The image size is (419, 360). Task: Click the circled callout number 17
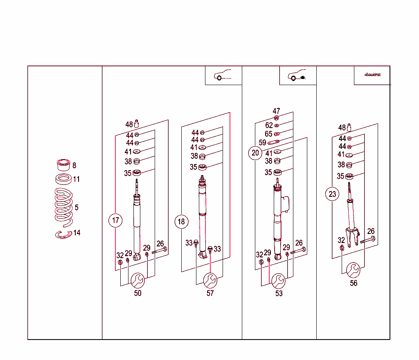[116, 221]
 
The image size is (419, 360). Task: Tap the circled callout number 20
[255, 153]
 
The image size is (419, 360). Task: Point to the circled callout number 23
[332, 194]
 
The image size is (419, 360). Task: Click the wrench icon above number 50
[137, 281]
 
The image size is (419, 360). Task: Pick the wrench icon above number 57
[210, 281]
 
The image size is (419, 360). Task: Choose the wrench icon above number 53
[279, 281]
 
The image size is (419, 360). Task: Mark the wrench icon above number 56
[353, 270]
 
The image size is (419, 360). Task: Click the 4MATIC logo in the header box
[372, 75]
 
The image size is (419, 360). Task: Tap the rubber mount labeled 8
[63, 164]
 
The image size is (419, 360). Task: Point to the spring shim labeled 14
[63, 234]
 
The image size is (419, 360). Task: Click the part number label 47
[277, 111]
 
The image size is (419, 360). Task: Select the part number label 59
[263, 143]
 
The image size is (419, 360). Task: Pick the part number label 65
[268, 134]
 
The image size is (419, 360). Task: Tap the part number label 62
[269, 126]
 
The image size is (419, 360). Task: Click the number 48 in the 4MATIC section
[342, 128]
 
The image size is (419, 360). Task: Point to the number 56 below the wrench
[354, 283]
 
